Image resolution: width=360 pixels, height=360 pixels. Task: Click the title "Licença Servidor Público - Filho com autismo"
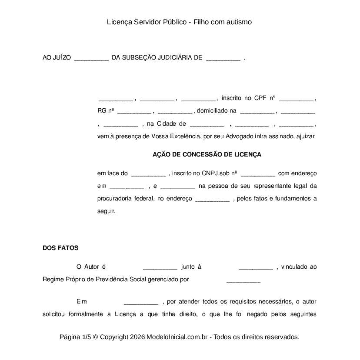click(x=180, y=22)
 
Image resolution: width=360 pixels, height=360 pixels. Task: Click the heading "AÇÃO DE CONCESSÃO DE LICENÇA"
click(x=207, y=154)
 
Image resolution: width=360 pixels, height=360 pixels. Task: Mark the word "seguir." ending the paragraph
click(x=106, y=211)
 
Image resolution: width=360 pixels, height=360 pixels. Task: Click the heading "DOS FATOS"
click(x=60, y=248)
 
